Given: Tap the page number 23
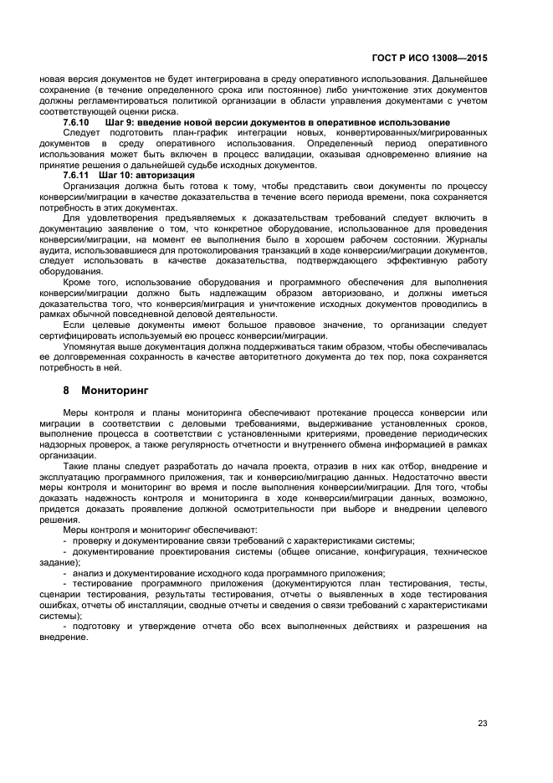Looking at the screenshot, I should tap(482, 724).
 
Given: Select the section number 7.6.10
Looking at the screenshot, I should tap(78, 123).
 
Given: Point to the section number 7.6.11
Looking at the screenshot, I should tap(78, 176).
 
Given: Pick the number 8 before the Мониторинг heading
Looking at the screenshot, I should tap(67, 391).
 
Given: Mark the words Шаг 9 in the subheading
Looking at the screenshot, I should tap(120, 123).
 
